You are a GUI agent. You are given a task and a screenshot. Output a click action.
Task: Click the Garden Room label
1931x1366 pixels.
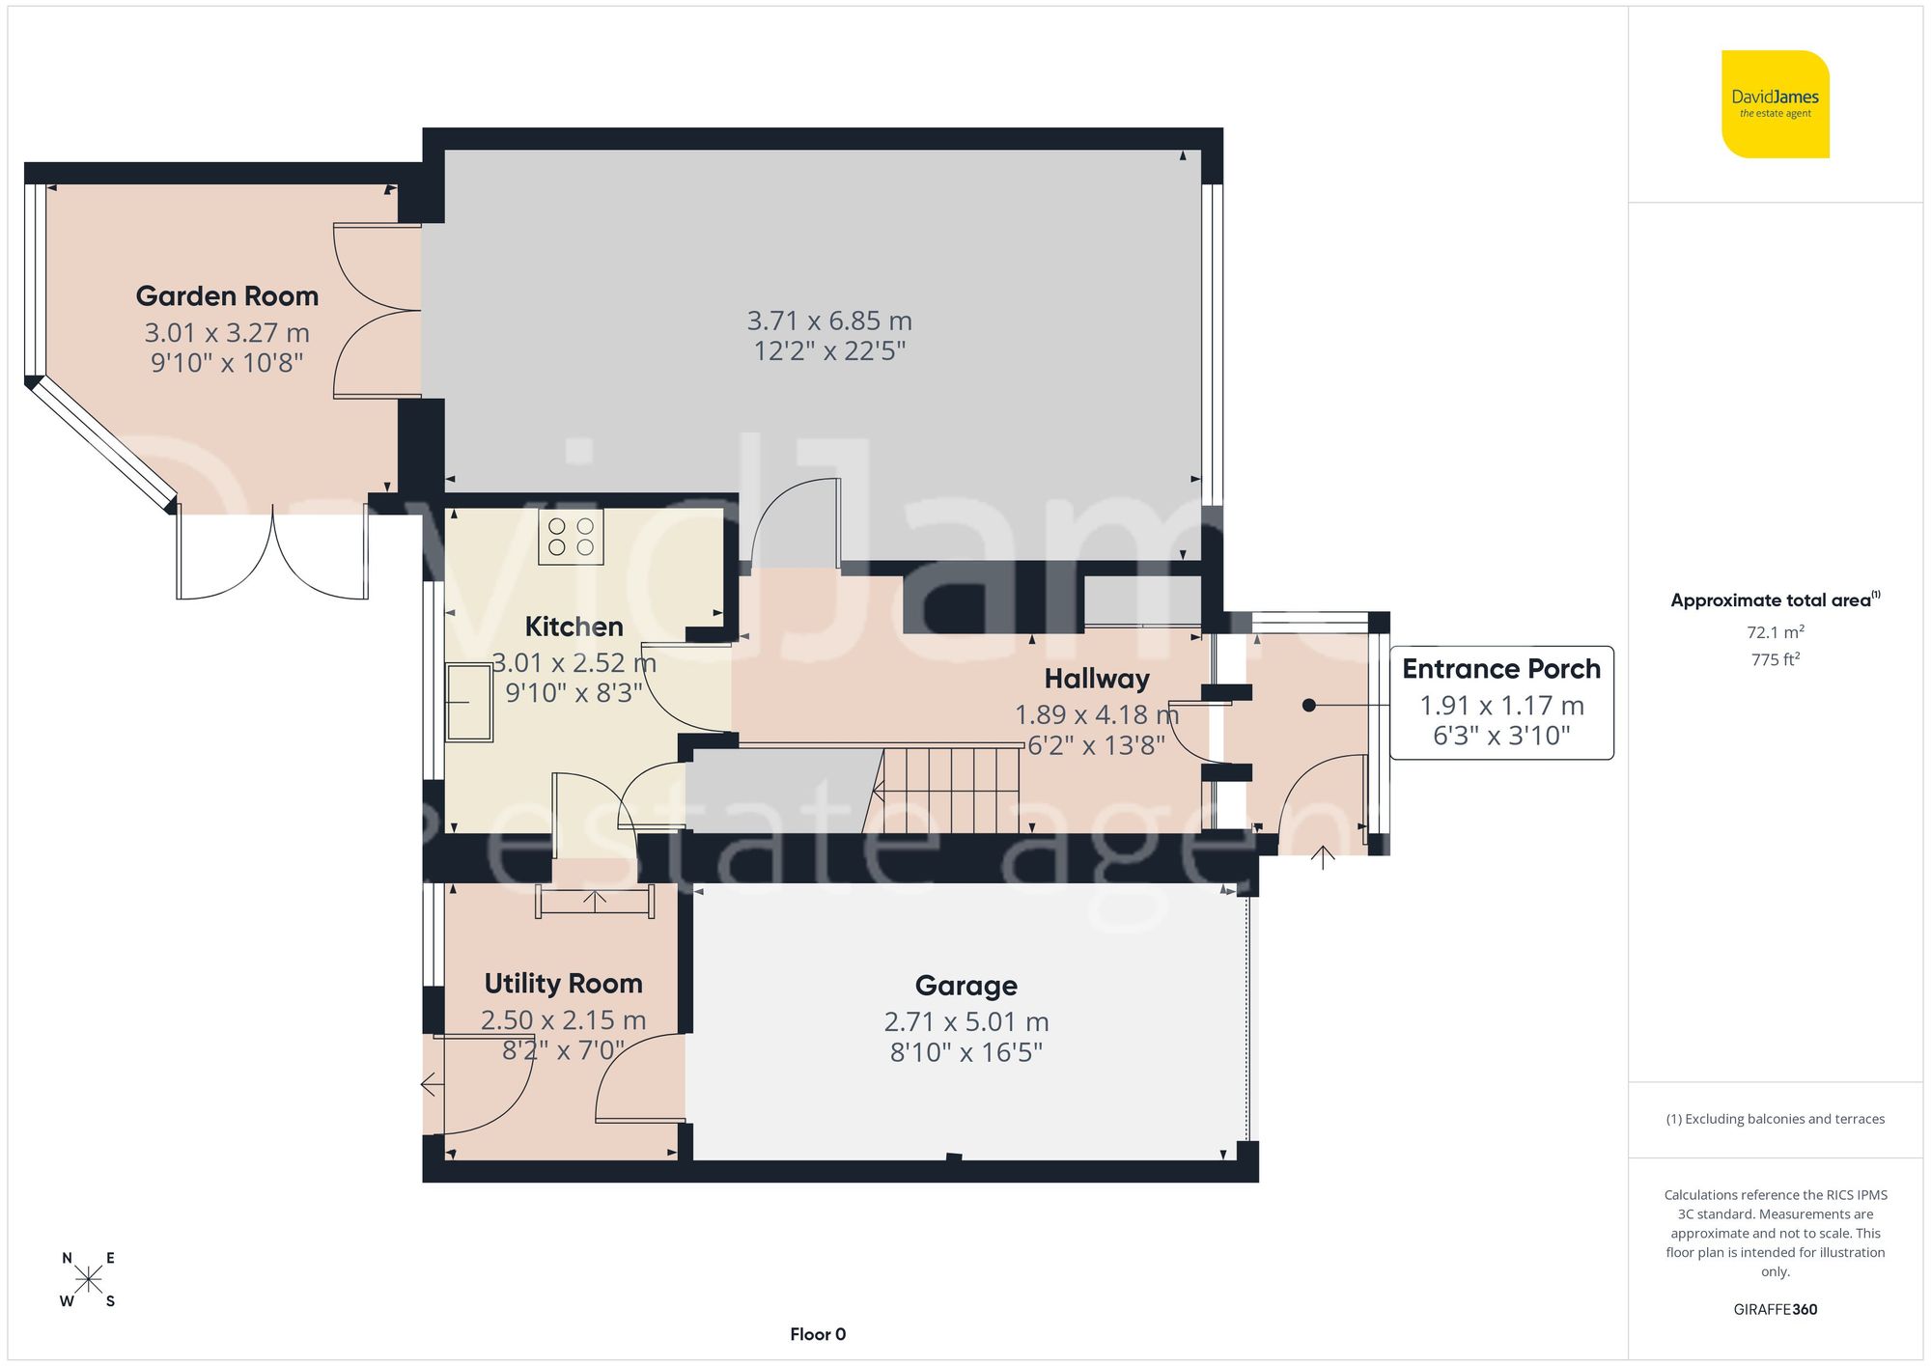pyautogui.click(x=227, y=296)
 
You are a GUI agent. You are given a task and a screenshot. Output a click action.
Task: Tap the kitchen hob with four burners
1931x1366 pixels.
pyautogui.click(x=571, y=537)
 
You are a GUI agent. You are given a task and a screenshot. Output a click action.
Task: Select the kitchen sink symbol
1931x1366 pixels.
pyautogui.click(x=469, y=703)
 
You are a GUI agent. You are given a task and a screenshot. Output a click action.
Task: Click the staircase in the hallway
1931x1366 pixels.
pyautogui.click(x=951, y=789)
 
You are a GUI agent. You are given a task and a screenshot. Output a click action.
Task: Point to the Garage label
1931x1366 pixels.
pyautogui.click(x=965, y=986)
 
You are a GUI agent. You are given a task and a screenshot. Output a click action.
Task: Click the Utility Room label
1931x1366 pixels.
pyautogui.click(x=563, y=984)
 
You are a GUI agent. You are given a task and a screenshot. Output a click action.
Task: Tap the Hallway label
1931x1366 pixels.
pyautogui.click(x=1097, y=679)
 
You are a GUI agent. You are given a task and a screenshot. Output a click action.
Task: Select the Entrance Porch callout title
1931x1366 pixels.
pyautogui.click(x=1500, y=669)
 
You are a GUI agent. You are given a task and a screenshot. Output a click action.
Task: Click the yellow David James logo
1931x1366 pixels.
pyautogui.click(x=1775, y=104)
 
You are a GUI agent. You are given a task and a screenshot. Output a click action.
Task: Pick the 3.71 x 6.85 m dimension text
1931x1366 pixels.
pyautogui.click(x=829, y=321)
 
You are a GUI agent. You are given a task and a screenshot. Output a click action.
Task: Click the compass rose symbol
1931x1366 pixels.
pyautogui.click(x=88, y=1280)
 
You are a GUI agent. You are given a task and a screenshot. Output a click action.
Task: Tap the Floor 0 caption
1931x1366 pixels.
pyautogui.click(x=818, y=1334)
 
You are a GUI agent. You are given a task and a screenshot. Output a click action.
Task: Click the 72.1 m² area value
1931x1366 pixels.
pyautogui.click(x=1775, y=632)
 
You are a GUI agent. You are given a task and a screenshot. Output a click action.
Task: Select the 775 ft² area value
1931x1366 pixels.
pyautogui.click(x=1775, y=659)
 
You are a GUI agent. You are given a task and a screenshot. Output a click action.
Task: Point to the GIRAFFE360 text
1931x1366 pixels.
pyautogui.click(x=1775, y=1309)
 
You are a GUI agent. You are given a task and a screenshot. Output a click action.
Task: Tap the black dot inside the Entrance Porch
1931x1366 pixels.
pyautogui.click(x=1308, y=706)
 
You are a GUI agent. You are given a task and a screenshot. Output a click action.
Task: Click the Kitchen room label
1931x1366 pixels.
pyautogui.click(x=574, y=627)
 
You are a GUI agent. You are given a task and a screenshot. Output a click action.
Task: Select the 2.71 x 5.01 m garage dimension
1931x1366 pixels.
pyautogui.click(x=965, y=1021)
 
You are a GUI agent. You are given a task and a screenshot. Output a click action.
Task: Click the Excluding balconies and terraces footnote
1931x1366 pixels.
pyautogui.click(x=1775, y=1119)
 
